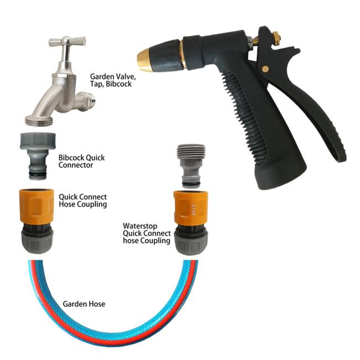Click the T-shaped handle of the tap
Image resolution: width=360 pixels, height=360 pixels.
67,42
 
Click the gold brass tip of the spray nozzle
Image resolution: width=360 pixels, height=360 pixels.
144,60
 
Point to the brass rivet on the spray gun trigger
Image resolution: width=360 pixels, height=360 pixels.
265,69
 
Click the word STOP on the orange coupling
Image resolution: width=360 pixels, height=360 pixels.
193,210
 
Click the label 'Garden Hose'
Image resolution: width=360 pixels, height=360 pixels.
84,304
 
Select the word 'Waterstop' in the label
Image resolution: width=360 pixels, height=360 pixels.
140,226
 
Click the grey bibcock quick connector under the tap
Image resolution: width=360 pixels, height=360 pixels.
38,156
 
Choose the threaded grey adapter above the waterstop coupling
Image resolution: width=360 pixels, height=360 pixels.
191,166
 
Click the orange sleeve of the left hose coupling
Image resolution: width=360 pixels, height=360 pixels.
37,205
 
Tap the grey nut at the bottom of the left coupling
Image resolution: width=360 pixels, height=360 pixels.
37,241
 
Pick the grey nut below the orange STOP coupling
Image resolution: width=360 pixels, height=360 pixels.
191,243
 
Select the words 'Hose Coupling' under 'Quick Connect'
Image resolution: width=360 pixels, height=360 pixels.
83,204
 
